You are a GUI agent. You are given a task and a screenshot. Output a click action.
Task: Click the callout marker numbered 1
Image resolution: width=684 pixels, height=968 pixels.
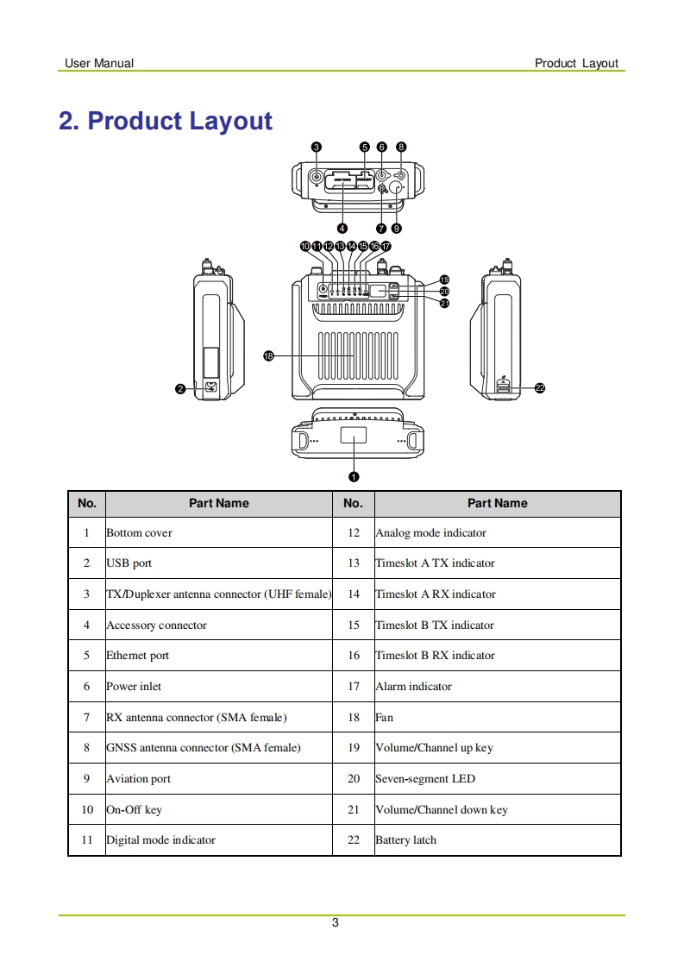[x=354, y=476]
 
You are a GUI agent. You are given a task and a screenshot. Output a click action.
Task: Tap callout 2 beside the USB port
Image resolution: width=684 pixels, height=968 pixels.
[x=180, y=389]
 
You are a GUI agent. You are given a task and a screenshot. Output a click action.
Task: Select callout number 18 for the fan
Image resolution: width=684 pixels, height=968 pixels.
[x=268, y=355]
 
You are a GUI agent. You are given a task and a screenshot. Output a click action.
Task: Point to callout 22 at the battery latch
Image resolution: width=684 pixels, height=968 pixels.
[x=540, y=388]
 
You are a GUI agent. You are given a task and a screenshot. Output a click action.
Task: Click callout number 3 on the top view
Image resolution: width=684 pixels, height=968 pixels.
[x=317, y=148]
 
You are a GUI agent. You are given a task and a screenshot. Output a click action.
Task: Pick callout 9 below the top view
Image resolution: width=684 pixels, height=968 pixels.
[x=396, y=229]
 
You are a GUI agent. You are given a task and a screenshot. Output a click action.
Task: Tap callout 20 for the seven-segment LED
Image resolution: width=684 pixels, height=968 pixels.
[x=444, y=292]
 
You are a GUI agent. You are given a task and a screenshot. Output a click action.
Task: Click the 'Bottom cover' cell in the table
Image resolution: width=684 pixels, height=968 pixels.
[x=140, y=533]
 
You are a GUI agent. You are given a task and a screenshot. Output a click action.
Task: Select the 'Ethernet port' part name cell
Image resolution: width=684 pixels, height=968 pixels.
[x=138, y=656]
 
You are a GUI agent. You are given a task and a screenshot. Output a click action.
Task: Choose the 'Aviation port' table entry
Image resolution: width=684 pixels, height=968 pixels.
[x=139, y=779]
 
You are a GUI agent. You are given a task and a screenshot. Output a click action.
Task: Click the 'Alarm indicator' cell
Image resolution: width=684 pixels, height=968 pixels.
[x=413, y=687]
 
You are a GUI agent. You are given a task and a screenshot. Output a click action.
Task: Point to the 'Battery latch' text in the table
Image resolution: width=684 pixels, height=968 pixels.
[x=405, y=840]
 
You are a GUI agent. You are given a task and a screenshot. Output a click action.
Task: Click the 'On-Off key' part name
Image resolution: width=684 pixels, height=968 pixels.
[x=134, y=810]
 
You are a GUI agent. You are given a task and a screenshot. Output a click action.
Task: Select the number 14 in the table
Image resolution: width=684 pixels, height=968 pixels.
[x=354, y=594]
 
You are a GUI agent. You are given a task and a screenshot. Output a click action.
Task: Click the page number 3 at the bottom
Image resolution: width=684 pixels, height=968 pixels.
[x=336, y=923]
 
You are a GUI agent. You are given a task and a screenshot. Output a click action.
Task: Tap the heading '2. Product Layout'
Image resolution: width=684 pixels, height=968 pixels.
[x=166, y=121]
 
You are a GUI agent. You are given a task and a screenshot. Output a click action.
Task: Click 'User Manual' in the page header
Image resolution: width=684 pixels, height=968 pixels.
[x=99, y=63]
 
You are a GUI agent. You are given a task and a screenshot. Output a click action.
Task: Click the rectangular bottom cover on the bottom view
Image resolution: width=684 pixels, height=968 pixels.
[x=354, y=437]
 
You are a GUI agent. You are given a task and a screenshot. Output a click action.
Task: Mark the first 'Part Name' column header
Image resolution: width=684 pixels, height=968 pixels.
[x=219, y=504]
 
